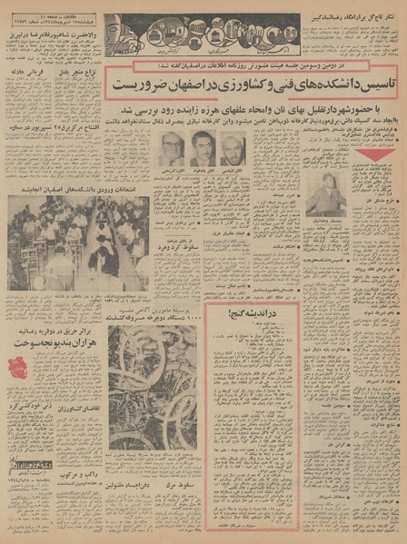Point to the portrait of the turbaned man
click(x=232, y=148)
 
